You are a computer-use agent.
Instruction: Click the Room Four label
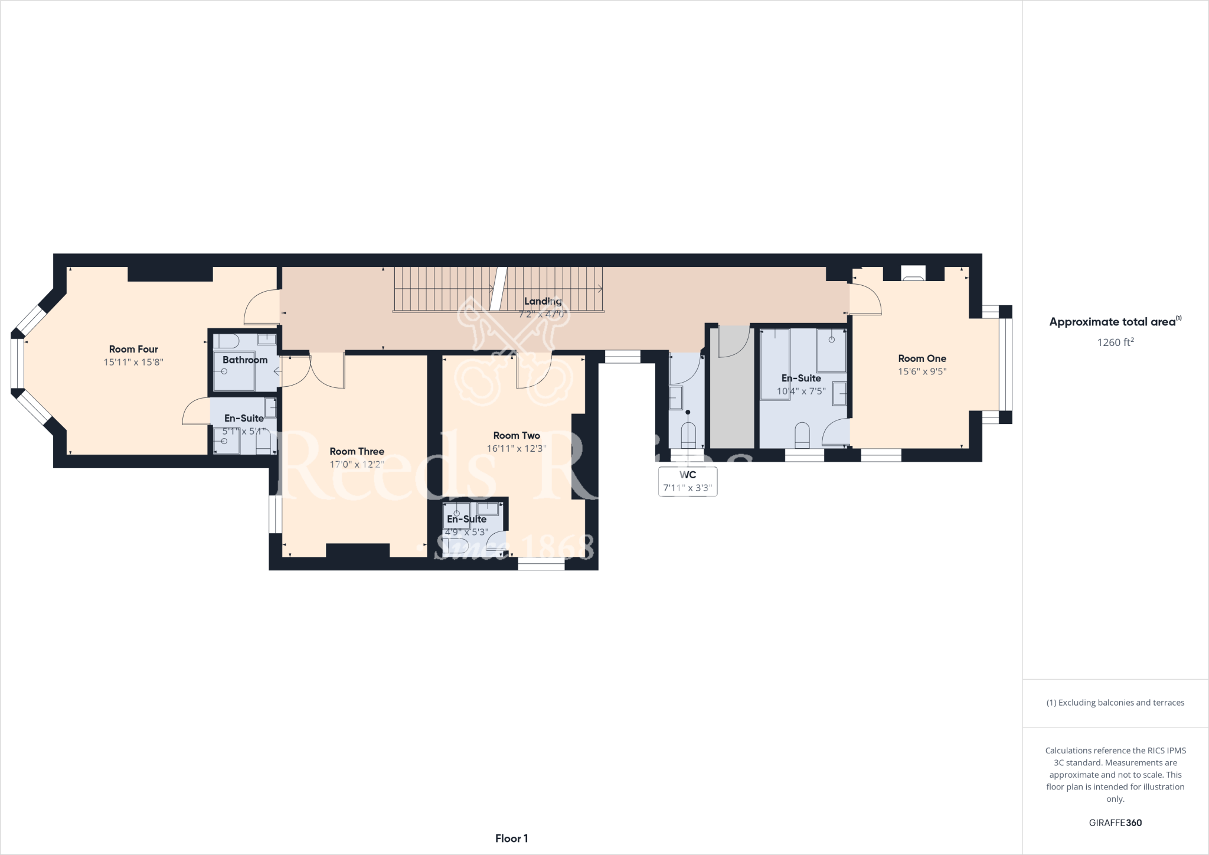133,349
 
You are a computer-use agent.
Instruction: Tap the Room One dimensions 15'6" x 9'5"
922,371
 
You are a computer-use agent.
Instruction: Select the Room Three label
357,451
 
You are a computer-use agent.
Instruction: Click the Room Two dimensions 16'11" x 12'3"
516,448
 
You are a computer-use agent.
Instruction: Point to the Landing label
543,301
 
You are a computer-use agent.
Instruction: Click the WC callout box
687,481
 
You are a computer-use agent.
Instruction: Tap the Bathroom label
245,360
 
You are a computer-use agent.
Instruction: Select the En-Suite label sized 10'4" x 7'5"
800,378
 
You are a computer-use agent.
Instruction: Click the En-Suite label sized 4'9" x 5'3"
466,519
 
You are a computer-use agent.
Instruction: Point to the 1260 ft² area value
1115,342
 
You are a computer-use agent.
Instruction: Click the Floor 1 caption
511,838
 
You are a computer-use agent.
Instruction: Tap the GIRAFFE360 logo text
1115,823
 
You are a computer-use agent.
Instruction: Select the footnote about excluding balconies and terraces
1115,703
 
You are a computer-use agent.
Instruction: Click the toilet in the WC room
688,436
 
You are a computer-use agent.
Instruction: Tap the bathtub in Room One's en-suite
775,364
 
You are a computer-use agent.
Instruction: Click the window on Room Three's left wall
275,514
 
